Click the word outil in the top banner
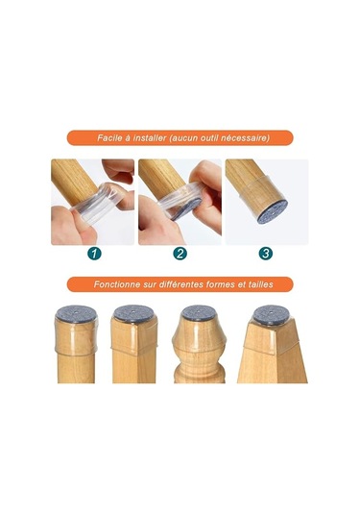209,137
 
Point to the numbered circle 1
94,254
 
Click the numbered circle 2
180,254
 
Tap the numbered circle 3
265,254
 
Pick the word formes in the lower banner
228,285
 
